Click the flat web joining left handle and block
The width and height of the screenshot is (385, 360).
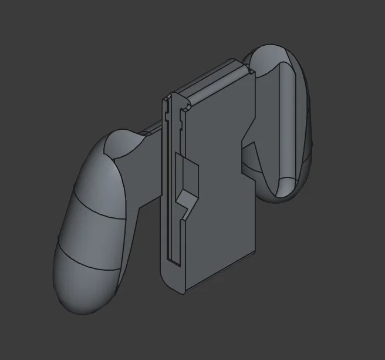144,176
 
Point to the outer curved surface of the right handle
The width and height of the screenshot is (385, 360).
305,117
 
